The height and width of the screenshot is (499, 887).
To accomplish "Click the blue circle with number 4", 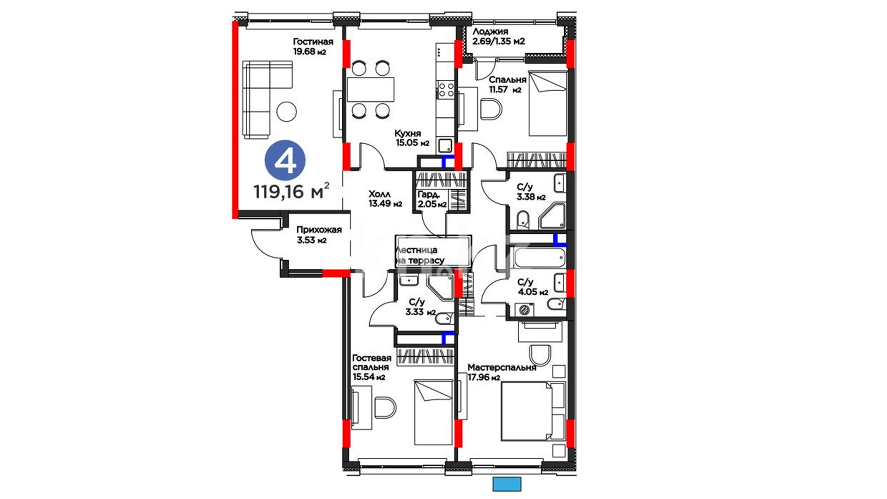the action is click(x=285, y=160).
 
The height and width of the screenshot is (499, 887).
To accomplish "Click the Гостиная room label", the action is click(x=313, y=42).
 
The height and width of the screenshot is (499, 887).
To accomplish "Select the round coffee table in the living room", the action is click(x=286, y=111).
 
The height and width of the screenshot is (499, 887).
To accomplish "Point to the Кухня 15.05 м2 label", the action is click(x=412, y=138).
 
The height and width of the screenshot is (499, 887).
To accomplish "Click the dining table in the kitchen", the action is click(x=371, y=89).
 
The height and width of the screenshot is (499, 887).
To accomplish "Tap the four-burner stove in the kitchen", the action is click(x=446, y=89).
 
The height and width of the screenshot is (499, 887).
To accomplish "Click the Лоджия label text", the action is click(x=490, y=31).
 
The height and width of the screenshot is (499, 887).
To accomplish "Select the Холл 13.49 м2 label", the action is click(x=385, y=199).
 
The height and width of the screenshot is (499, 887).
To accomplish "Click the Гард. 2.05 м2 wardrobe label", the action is click(x=432, y=200).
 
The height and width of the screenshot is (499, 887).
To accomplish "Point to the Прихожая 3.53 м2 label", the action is click(x=319, y=235).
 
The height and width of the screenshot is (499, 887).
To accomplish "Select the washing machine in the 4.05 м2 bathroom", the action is click(x=524, y=310).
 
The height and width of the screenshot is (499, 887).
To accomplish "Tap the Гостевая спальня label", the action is click(x=371, y=367).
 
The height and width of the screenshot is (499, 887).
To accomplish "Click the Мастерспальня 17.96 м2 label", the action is click(x=502, y=372).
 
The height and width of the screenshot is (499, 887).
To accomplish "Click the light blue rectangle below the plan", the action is click(x=507, y=484).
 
